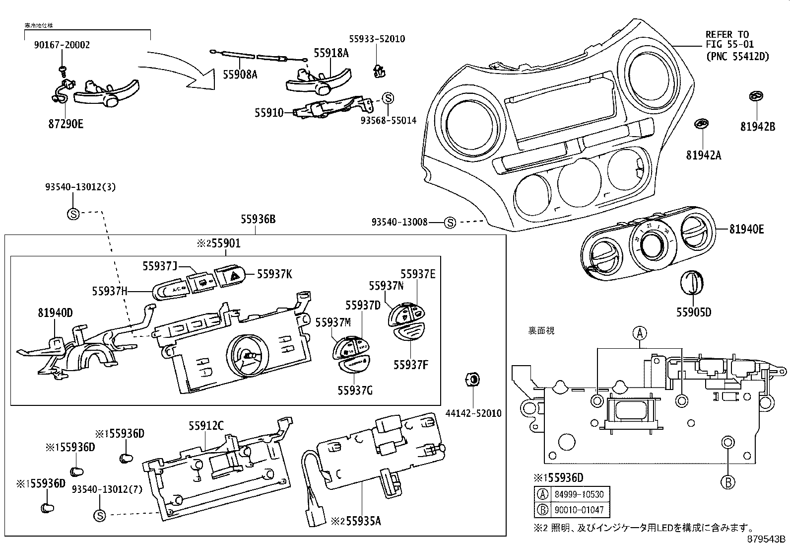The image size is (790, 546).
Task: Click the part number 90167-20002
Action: click(62, 45)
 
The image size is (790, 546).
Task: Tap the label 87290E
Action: click(66, 124)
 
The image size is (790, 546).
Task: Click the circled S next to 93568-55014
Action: click(388, 98)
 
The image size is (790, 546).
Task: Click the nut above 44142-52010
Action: click(473, 380)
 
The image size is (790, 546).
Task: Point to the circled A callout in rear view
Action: click(640, 333)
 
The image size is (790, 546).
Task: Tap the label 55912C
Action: click(206, 425)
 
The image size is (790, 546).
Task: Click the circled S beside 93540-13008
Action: click(450, 223)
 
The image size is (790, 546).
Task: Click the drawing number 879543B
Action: click(767, 539)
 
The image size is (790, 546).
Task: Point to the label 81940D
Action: click(56, 312)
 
